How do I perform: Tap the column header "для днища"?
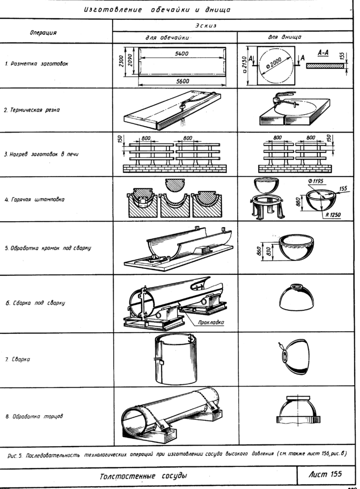tap(284, 37)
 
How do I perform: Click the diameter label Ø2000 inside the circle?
tap(274, 63)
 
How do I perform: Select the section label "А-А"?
tap(323, 53)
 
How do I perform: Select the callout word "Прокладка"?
tap(210, 323)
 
